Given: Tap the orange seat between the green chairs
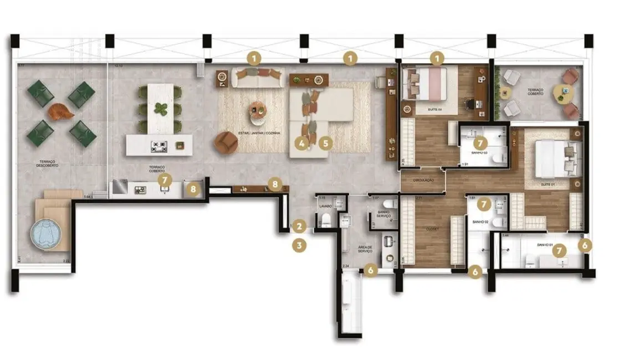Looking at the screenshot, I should click(61, 112).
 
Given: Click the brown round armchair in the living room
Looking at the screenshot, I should click(226, 143).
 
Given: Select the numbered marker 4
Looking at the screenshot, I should click(301, 143).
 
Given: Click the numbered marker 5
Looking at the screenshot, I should click(325, 143).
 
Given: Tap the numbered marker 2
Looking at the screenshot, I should click(299, 226).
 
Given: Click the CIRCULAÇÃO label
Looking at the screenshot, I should click(423, 181).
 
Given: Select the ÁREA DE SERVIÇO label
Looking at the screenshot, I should click(365, 250).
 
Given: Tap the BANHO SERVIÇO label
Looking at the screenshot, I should click(384, 214).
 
